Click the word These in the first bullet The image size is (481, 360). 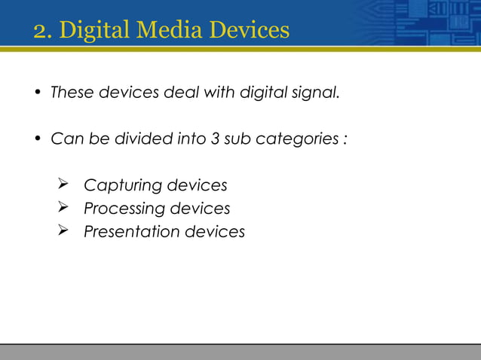click(69, 94)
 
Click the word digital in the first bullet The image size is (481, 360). click(267, 94)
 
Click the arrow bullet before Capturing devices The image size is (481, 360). click(63, 185)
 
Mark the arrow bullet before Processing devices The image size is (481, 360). click(63, 208)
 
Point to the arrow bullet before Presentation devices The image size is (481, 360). click(63, 230)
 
